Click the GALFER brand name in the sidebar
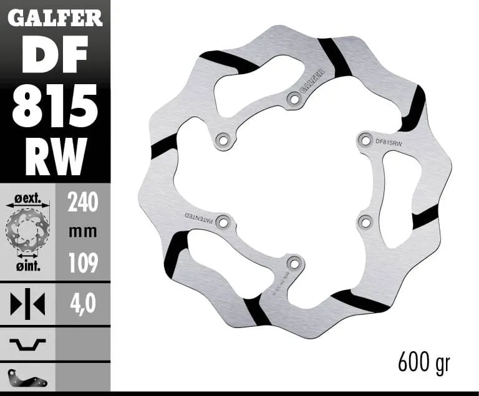pyautogui.click(x=55, y=18)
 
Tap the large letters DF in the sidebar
pyautogui.click(x=55, y=56)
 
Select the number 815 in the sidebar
pyautogui.click(x=55, y=105)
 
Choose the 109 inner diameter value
pyautogui.click(x=83, y=263)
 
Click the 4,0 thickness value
pyautogui.click(x=83, y=304)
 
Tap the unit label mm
pyautogui.click(x=83, y=232)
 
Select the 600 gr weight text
pyautogui.click(x=424, y=362)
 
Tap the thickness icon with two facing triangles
pyautogui.click(x=27, y=304)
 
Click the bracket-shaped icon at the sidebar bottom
pyautogui.click(x=27, y=378)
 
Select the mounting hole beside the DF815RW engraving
pyautogui.click(x=365, y=138)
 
